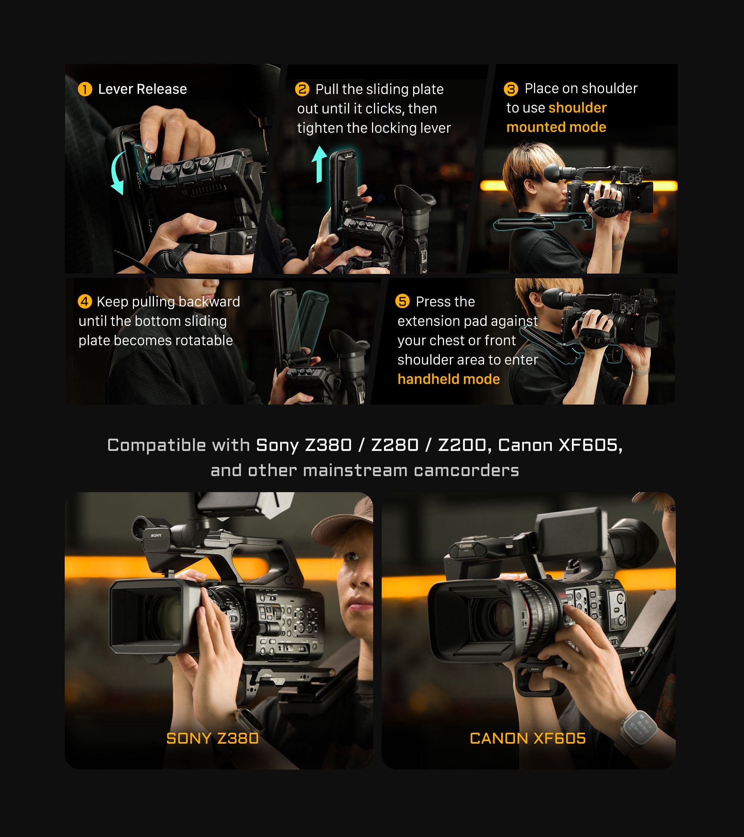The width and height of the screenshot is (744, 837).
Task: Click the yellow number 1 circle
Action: point(85,89)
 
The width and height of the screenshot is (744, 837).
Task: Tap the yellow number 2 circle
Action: point(302,89)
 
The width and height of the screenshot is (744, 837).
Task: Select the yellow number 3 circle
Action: point(511,89)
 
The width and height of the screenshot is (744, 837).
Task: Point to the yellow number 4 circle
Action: point(85,301)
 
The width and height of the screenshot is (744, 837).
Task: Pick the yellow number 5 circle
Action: point(403,301)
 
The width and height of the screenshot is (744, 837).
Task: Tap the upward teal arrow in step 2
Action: point(319,165)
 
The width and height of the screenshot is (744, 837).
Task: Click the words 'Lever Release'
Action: point(143,89)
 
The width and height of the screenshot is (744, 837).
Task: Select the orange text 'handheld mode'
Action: point(449,379)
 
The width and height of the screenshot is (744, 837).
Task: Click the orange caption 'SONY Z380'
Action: point(212,738)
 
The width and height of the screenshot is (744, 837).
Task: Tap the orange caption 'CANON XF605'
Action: point(528,738)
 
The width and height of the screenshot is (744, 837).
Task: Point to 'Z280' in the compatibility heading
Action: point(395,445)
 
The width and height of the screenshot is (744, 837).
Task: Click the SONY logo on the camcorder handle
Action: point(156,535)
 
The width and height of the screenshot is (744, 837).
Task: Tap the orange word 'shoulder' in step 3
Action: point(577,108)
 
